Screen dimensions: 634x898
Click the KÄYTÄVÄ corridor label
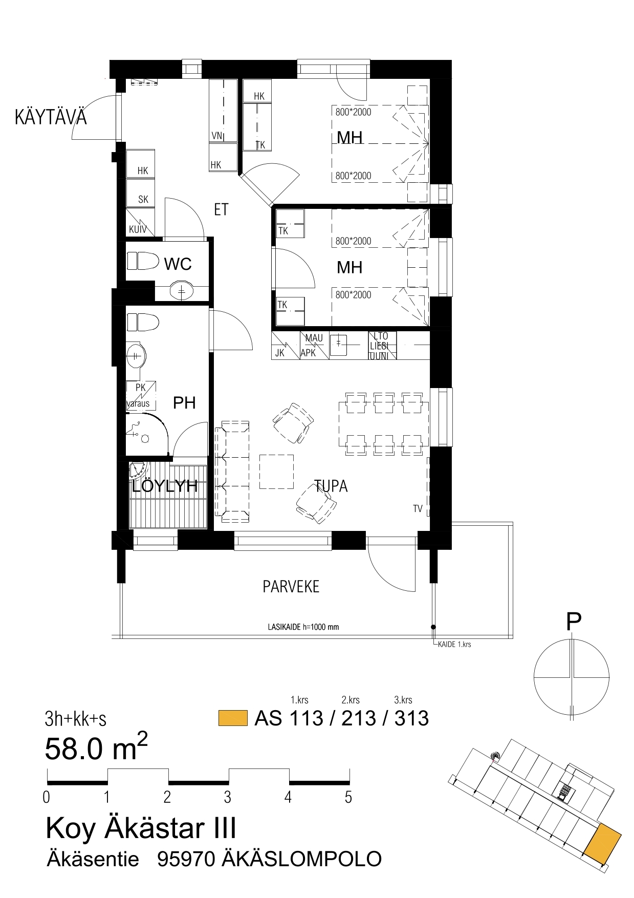coord(51,117)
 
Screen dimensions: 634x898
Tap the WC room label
coord(178,264)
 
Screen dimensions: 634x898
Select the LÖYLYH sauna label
coord(165,485)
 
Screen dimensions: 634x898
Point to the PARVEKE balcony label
coord(291,587)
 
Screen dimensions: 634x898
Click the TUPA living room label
coord(331,486)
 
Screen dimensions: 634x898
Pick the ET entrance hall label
coord(221,209)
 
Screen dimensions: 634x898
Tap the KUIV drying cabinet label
coord(138,229)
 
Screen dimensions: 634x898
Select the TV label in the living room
coord(418,508)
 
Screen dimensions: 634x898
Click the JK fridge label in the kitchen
coord(280,353)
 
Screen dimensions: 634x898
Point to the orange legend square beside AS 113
coord(233,718)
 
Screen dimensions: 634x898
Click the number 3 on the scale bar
coord(227,797)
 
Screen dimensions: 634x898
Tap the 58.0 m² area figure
coord(96,747)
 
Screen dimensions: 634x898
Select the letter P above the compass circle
coord(574,622)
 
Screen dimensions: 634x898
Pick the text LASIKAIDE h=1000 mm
coord(303,627)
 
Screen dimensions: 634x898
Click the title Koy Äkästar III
coord(141,828)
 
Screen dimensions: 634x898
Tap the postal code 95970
coord(186,859)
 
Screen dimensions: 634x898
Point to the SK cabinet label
coord(143,200)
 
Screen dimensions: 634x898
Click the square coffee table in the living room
coord(276,472)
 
